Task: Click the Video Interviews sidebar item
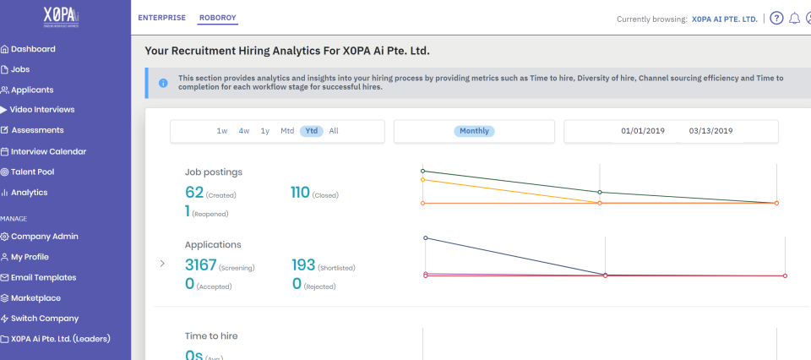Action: tap(42, 110)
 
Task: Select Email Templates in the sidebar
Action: tap(43, 277)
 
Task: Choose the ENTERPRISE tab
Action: tap(161, 18)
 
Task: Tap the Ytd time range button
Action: tap(312, 131)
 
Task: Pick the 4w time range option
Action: tap(244, 131)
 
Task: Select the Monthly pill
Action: tap(474, 131)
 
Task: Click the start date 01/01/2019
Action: tap(643, 131)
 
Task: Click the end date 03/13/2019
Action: tap(710, 131)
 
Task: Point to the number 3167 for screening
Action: tap(201, 264)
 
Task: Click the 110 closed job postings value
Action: tap(300, 192)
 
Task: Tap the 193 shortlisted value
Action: tap(303, 264)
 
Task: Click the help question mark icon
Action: tap(776, 19)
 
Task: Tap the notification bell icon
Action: tap(794, 19)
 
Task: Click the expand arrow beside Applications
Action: tap(162, 264)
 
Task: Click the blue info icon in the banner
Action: tap(162, 83)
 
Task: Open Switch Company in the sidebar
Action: tap(44, 319)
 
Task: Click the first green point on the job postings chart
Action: tap(422, 171)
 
